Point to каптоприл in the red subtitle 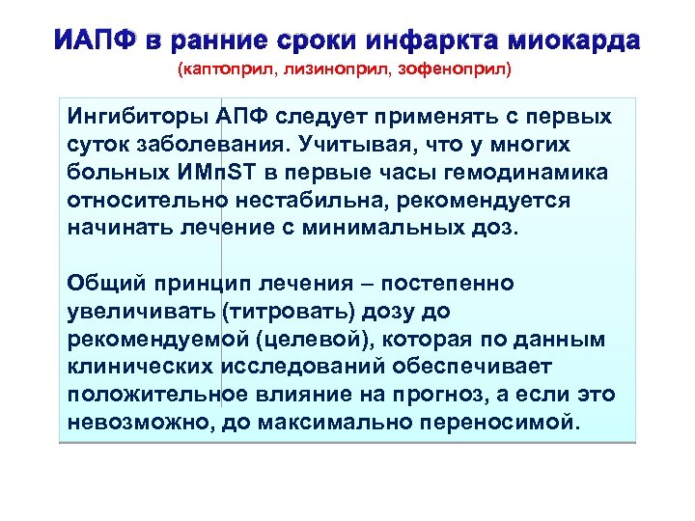pyautogui.click(x=220, y=69)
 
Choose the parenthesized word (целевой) pyautogui.click(x=307, y=341)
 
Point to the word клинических pyautogui.click(x=143, y=369)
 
